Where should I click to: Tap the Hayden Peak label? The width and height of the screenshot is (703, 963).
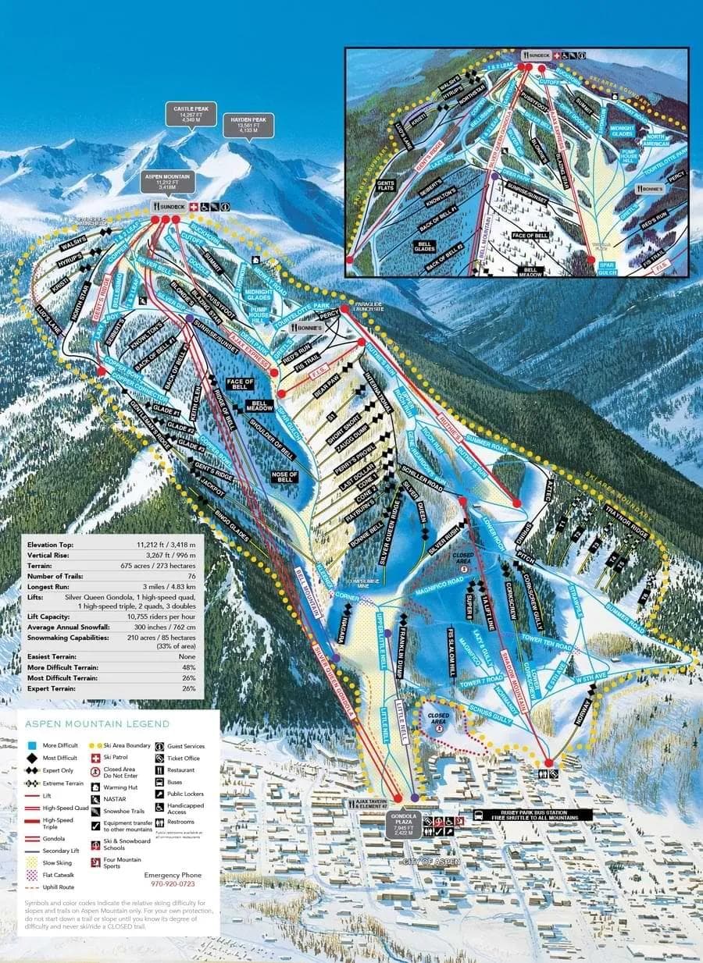[248, 125]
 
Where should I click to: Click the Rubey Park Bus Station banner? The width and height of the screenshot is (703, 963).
[532, 815]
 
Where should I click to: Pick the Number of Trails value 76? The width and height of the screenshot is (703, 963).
[190, 576]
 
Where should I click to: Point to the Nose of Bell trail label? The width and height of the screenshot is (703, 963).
[284, 476]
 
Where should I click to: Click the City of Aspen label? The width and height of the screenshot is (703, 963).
[430, 862]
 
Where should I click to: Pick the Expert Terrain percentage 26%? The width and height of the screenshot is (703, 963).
[191, 689]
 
